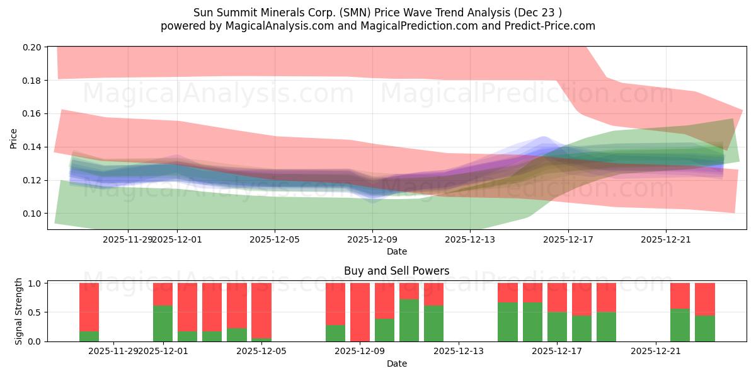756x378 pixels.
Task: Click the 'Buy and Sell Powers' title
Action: tap(396, 271)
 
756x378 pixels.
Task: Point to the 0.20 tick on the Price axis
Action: tap(33, 47)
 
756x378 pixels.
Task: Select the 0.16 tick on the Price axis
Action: tap(33, 114)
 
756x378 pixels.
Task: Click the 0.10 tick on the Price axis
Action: tap(33, 214)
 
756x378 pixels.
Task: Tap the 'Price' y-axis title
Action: tap(14, 137)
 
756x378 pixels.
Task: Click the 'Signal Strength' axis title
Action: tap(19, 311)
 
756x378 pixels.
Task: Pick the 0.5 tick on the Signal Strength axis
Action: tap(35, 312)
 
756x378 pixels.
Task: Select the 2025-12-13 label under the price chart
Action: tap(470, 239)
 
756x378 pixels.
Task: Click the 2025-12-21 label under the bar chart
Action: tap(656, 351)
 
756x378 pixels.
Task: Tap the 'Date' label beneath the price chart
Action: tap(396, 251)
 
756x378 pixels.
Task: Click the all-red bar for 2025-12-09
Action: tap(360, 312)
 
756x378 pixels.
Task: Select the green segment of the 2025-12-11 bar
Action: tap(409, 320)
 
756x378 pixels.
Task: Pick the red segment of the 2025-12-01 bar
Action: tap(163, 294)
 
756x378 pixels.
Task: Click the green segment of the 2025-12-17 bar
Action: tap(557, 326)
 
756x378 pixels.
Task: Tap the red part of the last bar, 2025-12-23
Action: tap(704, 299)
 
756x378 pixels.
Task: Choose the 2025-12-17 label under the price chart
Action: tap(568, 239)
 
